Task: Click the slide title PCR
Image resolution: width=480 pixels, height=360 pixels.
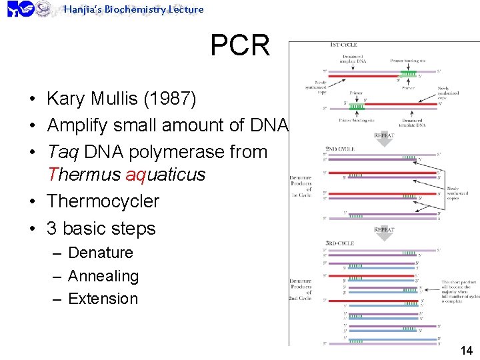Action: point(240,46)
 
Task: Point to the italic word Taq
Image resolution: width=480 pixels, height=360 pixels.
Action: point(62,152)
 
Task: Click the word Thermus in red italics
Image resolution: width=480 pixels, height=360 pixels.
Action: point(84,175)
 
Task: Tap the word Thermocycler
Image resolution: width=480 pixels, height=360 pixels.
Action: point(103,201)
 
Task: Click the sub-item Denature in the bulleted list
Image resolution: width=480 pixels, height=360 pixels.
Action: point(101,253)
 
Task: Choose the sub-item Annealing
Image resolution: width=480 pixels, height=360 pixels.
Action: point(103,276)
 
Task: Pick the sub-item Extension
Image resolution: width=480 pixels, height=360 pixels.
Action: point(103,299)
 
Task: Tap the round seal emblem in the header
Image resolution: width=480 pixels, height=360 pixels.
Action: point(43,9)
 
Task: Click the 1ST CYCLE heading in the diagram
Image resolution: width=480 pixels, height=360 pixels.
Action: point(343,45)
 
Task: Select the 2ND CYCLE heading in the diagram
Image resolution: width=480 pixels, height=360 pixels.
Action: point(340,149)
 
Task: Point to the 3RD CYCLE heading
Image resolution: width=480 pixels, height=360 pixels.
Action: point(340,243)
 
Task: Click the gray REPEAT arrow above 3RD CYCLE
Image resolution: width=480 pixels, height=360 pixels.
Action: point(384,229)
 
